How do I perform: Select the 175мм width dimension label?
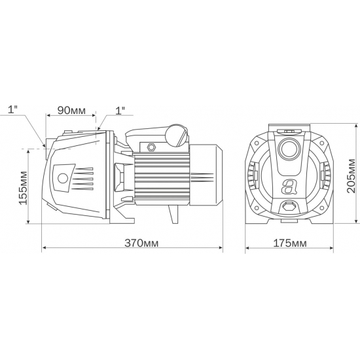(289, 243)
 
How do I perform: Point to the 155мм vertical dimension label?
(24, 189)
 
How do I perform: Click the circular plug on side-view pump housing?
(63, 179)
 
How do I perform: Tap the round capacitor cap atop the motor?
(176, 135)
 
